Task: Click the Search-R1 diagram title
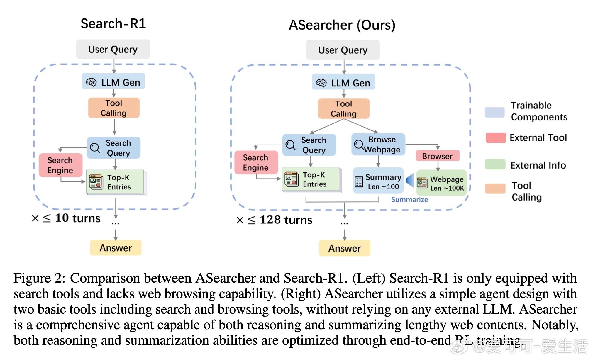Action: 113,23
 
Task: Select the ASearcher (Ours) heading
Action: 342,25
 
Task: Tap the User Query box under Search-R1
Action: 113,49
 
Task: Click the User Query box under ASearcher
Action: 343,50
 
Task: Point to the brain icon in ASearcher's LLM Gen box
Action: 321,83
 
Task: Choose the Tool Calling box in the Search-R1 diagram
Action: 114,108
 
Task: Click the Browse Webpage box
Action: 378,144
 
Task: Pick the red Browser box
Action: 438,156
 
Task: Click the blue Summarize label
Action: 409,200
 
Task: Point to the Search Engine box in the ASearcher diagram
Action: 256,162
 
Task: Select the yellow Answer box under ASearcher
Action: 345,248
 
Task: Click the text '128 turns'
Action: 286,220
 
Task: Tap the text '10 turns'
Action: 78,218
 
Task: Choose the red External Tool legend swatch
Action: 496,137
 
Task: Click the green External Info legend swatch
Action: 495,164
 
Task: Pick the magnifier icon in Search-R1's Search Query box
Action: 95,148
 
